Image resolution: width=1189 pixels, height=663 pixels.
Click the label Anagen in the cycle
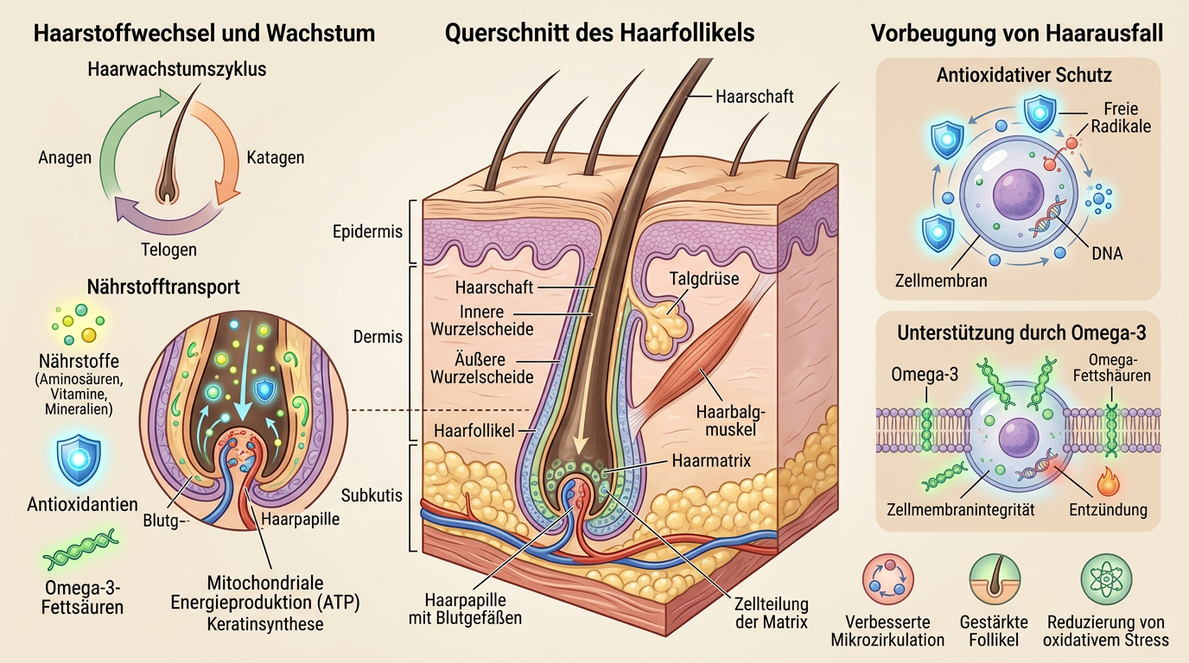coord(64,158)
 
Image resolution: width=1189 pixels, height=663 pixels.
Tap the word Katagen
coord(275,158)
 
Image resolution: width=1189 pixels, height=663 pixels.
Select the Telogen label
coord(168,249)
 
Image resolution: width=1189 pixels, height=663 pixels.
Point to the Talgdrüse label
coord(706,279)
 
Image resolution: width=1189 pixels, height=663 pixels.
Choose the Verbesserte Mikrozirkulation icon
coord(887,580)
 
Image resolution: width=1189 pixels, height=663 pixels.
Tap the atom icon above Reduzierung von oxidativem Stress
coord(1106,580)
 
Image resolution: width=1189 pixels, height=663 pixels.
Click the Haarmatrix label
coord(710,461)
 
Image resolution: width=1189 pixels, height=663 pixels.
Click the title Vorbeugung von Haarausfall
coord(1017,34)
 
